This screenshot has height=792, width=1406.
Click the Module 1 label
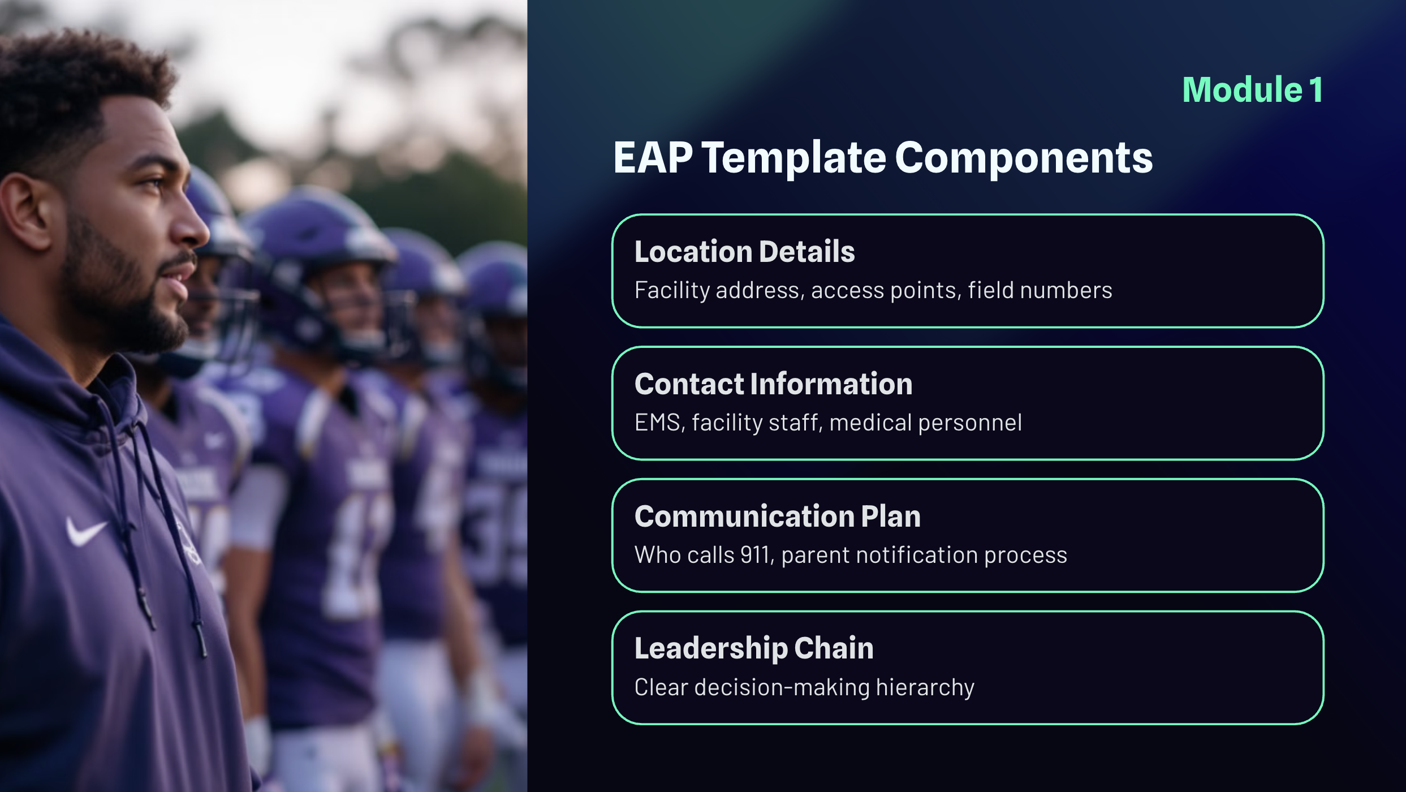click(1252, 89)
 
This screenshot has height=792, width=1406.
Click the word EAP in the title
click(653, 157)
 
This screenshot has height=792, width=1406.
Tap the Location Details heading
click(744, 251)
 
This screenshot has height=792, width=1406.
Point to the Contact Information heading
click(773, 384)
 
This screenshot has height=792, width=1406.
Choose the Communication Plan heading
click(778, 516)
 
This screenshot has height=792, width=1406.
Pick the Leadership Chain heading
click(754, 648)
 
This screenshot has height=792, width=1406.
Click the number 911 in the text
click(756, 555)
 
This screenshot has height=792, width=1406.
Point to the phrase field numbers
click(1040, 290)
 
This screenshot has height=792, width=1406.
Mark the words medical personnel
click(925, 423)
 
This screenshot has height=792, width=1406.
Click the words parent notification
click(879, 556)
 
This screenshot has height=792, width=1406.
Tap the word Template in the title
click(793, 158)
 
